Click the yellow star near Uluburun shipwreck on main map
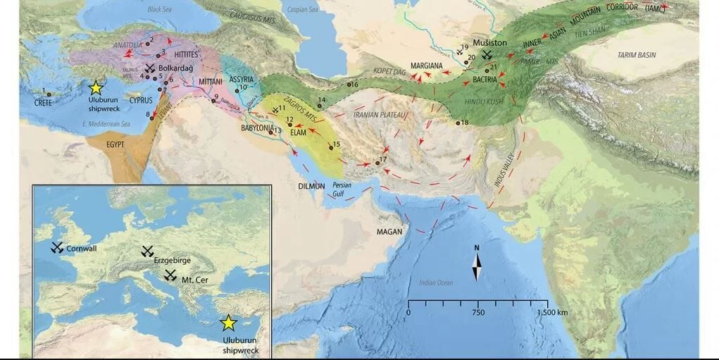coord(96,88)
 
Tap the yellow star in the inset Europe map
coord(227,323)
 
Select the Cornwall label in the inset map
coord(82,249)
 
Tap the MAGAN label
coord(389,232)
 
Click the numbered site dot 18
coord(457,123)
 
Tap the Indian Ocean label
coord(434,283)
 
